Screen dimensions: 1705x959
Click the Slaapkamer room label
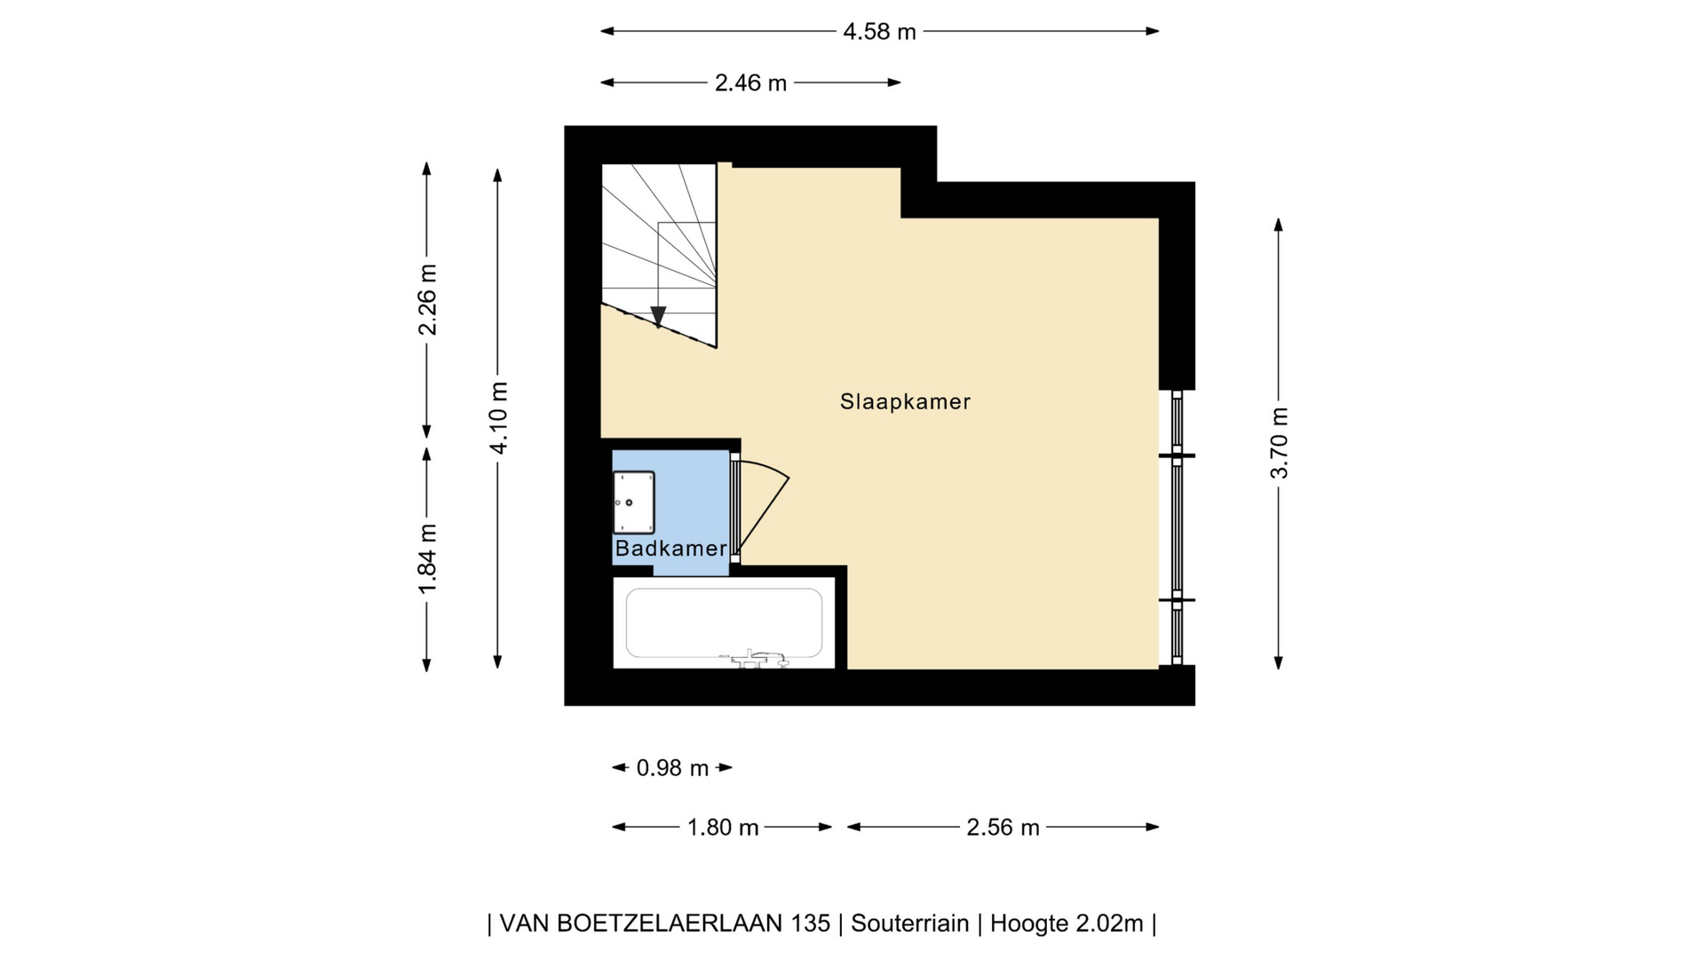(x=905, y=401)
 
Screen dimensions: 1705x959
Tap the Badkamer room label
(x=670, y=548)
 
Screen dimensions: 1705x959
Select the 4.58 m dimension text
(x=879, y=32)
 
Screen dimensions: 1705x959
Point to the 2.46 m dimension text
(x=750, y=83)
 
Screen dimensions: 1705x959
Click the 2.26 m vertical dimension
(x=427, y=300)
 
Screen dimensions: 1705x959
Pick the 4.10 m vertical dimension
(x=498, y=417)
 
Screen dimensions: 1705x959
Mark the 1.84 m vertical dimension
(x=427, y=559)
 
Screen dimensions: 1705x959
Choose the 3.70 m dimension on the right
(x=1279, y=442)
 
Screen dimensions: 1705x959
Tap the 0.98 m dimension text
(x=672, y=768)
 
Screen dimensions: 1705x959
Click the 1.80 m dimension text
(x=723, y=828)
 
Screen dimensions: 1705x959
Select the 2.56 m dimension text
(x=1003, y=828)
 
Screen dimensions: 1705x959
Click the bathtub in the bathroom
(x=724, y=623)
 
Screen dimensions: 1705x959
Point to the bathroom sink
(x=634, y=503)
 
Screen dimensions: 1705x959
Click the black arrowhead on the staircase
(x=658, y=316)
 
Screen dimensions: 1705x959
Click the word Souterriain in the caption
(x=909, y=923)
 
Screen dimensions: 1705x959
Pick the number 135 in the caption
(x=810, y=923)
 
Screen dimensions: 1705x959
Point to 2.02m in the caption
(x=1109, y=923)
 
